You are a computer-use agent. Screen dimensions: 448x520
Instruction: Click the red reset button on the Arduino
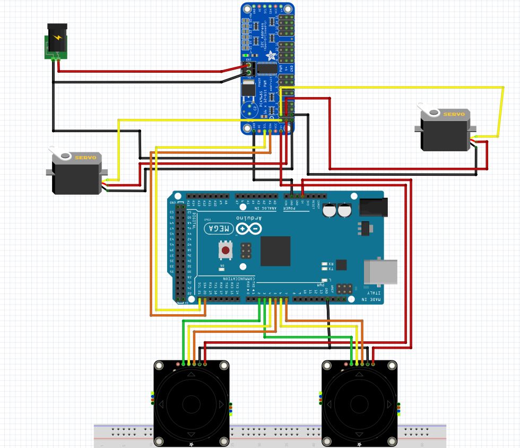226,249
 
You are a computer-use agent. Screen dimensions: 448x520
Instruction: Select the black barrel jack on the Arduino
374,206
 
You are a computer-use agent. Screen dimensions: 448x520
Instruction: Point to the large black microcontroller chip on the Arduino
275,251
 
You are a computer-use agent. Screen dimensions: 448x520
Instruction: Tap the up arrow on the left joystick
191,374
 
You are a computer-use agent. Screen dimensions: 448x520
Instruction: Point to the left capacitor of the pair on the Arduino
330,210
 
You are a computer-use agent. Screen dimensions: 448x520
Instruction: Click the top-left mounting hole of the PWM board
247,9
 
